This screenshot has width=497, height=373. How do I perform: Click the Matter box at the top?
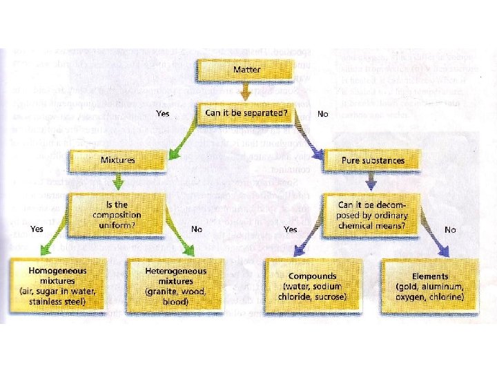246,70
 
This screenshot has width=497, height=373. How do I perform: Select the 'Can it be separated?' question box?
246,113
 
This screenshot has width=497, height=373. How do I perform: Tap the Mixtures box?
117,160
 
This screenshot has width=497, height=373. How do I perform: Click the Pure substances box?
373,160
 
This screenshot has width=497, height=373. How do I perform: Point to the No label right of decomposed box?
450,229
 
